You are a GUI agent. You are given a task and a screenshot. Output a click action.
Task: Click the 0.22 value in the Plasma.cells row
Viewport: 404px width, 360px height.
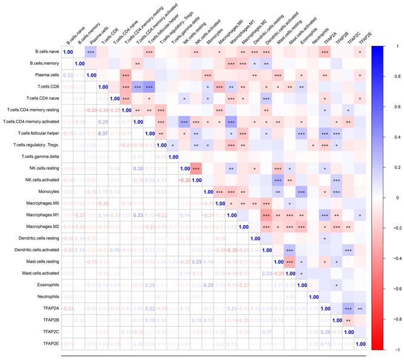click(67, 76)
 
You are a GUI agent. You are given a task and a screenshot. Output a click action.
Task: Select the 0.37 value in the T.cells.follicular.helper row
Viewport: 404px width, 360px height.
click(103, 134)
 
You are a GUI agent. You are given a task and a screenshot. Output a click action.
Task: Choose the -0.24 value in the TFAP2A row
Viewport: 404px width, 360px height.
click(67, 309)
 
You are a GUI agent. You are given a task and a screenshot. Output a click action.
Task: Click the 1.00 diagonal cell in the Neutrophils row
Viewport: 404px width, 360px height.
click(314, 296)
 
